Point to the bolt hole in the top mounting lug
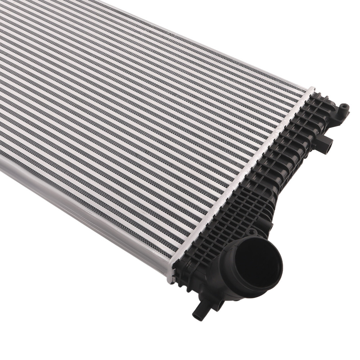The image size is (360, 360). [x=345, y=107]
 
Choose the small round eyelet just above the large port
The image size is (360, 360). [x=252, y=232]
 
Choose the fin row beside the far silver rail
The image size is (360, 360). [x=216, y=54]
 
